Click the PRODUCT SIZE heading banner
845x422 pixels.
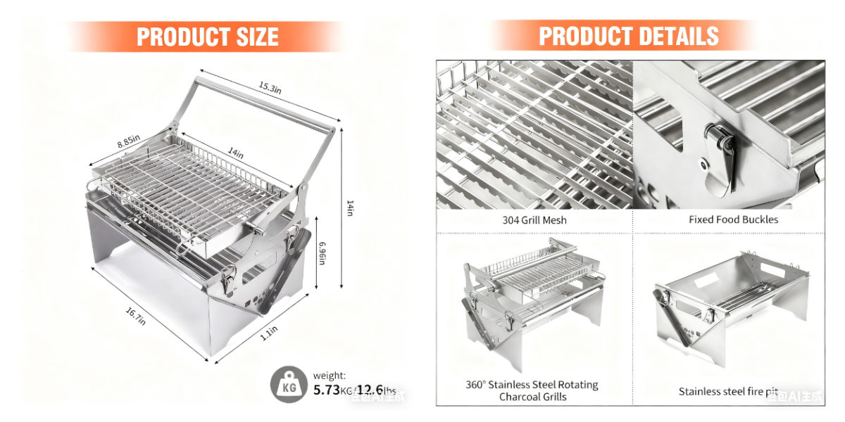207,37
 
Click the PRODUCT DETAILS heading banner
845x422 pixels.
628,36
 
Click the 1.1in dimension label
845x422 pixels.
268,332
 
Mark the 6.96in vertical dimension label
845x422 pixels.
323,253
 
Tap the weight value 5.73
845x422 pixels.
327,390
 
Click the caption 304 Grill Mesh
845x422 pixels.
535,220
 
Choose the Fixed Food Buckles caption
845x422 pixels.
733,220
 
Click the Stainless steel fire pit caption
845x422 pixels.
728,391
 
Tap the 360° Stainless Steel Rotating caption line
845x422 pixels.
532,385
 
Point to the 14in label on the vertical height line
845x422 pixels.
350,208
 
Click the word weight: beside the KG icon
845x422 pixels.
330,376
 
